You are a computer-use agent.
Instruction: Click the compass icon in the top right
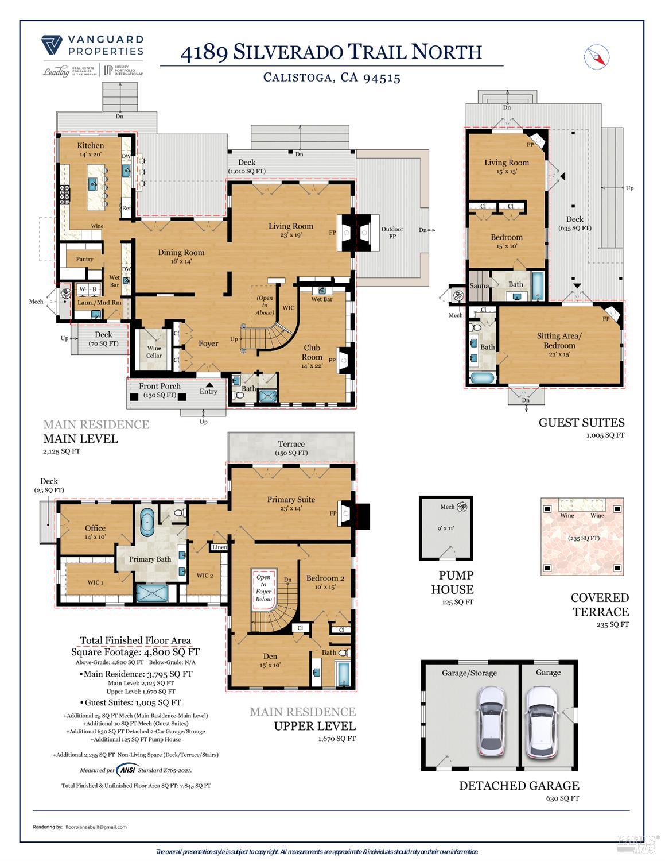(597, 56)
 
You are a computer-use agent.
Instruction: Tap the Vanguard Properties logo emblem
(52, 45)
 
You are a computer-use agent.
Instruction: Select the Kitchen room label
(91, 145)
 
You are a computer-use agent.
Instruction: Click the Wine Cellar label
(154, 352)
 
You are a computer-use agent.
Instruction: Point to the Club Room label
(312, 352)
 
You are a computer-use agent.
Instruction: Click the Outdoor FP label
(392, 233)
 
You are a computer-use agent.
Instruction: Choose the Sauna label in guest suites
(479, 285)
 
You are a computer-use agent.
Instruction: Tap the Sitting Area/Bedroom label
(559, 341)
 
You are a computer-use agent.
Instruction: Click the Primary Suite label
(290, 499)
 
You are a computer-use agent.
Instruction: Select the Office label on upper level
(95, 528)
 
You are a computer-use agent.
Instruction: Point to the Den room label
(270, 656)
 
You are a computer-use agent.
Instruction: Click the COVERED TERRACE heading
(600, 605)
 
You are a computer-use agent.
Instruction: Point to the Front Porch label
(160, 386)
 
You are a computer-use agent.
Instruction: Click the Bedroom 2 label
(325, 578)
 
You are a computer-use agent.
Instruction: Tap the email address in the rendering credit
(96, 827)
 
